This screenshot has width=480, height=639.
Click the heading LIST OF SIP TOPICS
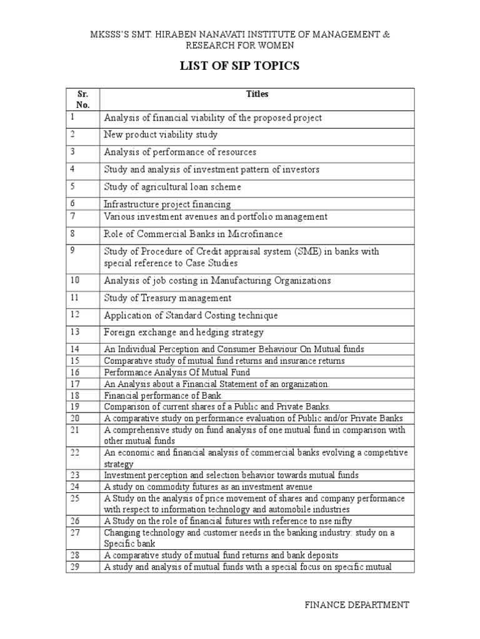240,67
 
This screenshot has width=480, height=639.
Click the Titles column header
257,94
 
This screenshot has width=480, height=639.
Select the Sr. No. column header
83,100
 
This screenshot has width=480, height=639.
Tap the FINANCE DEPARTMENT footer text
357,605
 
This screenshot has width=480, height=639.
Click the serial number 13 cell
76,331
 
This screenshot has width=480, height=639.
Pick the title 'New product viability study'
161,135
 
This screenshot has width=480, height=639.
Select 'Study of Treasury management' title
167,298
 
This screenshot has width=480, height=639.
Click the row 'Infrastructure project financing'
167,204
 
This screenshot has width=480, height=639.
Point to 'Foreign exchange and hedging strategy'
184,333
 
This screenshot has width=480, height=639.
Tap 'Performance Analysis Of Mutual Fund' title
177,373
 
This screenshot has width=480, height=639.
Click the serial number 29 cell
76,567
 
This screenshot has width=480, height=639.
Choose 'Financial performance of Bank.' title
163,396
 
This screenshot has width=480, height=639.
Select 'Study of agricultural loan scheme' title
172,187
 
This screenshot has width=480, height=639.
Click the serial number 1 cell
73,117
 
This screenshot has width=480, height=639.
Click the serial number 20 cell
76,417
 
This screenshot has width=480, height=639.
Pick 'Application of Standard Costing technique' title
191,316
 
